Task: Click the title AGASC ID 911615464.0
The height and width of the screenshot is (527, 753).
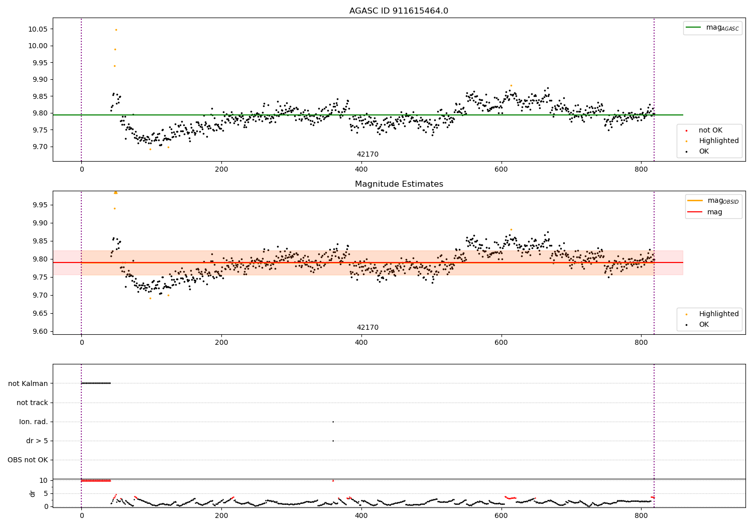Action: (399, 11)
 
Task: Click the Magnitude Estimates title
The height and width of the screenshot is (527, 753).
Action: (399, 184)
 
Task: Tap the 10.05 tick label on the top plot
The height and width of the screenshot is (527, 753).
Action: (38, 29)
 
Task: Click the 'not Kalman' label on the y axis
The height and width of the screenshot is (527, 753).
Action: (28, 383)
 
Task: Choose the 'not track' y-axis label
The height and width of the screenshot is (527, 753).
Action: (32, 403)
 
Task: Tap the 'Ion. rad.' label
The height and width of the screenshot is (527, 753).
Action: (34, 422)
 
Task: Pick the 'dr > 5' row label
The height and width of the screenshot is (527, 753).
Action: (37, 441)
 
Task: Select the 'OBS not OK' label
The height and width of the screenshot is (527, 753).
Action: (28, 460)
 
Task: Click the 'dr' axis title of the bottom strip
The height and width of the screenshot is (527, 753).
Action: (33, 493)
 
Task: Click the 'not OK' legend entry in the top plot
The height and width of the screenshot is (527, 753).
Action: (710, 130)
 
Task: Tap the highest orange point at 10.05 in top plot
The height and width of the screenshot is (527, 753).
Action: (116, 30)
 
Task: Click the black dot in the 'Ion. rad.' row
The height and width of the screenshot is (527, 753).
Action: (333, 422)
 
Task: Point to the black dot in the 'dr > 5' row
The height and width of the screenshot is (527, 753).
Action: (333, 441)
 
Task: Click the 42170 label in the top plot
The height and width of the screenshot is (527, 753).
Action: (367, 155)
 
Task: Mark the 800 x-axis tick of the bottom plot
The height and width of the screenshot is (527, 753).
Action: (641, 515)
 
